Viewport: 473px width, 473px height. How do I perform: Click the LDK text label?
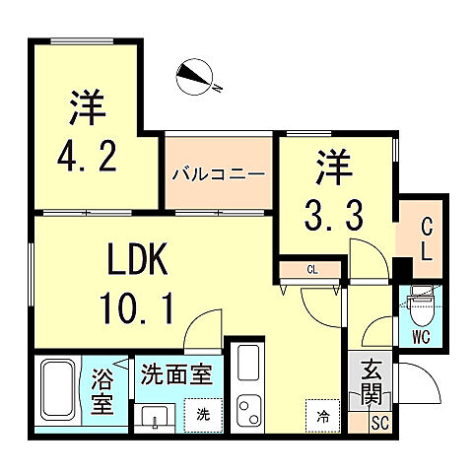[x=139, y=264]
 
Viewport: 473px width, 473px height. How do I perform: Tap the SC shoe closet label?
[x=380, y=423]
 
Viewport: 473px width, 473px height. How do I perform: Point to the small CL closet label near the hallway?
[x=311, y=267]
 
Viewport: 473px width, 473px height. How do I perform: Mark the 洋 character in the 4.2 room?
[x=88, y=107]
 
